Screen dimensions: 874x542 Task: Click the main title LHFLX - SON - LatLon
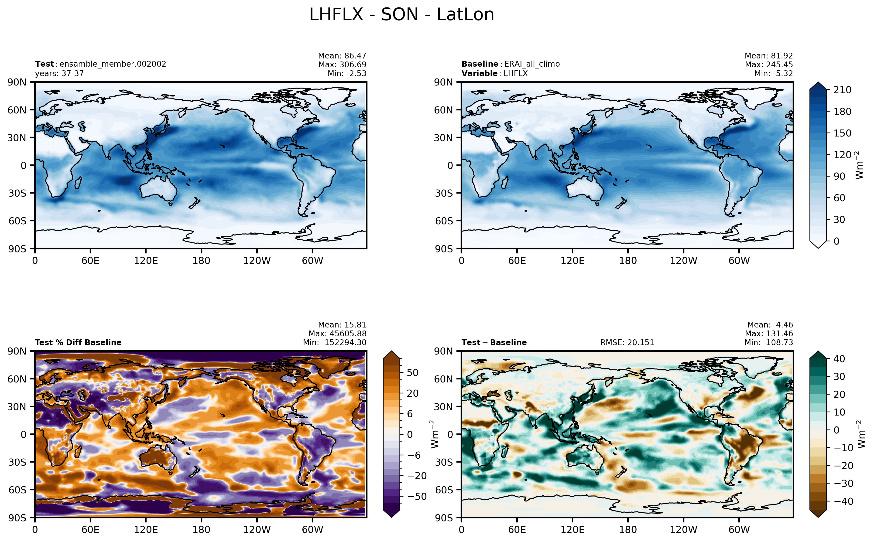click(401, 15)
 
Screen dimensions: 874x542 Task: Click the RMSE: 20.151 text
click(627, 342)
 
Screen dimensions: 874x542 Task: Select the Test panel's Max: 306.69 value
click(342, 65)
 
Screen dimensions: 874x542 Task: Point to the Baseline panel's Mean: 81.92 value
click(769, 56)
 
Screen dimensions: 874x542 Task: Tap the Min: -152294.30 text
click(334, 342)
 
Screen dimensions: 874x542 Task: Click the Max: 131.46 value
click(769, 333)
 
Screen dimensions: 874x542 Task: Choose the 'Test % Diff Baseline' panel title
click(78, 342)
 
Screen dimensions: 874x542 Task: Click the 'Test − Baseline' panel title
click(494, 342)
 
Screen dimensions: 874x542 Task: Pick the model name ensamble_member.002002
click(113, 64)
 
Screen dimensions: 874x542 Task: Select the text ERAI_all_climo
click(532, 64)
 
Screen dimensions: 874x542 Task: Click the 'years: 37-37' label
click(59, 73)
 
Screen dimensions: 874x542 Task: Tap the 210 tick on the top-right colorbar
click(842, 90)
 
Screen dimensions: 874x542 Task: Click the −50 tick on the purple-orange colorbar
click(417, 497)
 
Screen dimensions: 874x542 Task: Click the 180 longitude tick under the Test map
click(201, 261)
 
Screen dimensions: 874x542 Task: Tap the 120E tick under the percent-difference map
click(146, 529)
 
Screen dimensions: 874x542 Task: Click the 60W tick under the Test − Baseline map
click(739, 529)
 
